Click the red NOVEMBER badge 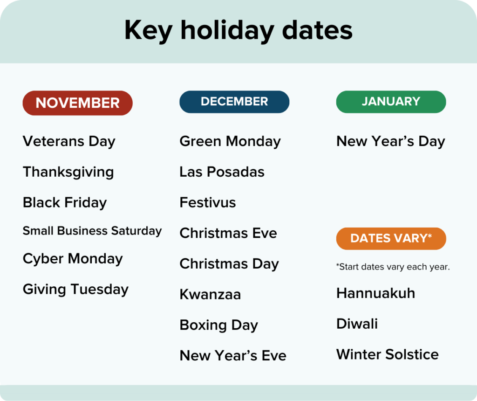coord(77,103)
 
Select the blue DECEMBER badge coord(234,102)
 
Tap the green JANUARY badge coord(391,102)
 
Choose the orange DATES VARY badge coord(391,239)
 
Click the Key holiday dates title coord(238,31)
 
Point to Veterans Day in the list coord(69,141)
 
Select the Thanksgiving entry coord(68,172)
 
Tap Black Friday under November coord(65,203)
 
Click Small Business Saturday coord(92,231)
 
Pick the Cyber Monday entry coord(73,259)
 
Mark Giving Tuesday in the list coord(75,290)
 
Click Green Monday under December coord(230,141)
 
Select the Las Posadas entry coord(222,172)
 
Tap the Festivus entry coord(208,203)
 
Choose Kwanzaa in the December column coord(210,294)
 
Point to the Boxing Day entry coord(218,325)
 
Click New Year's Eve coord(233,356)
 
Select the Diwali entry coord(357,324)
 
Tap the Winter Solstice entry coord(387,354)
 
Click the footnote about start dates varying coord(393,267)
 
